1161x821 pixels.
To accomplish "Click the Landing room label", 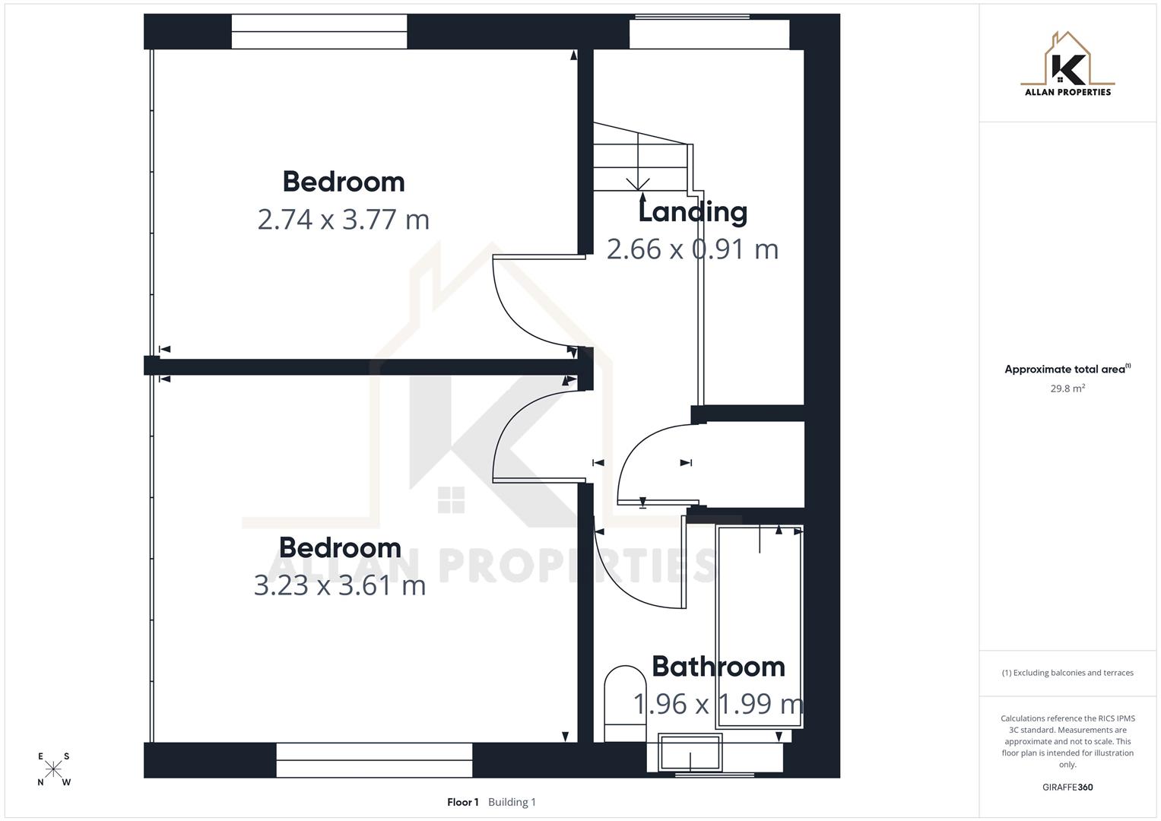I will click(693, 212).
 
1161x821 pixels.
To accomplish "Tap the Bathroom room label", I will click(718, 667).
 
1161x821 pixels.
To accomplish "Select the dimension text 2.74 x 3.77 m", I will click(344, 220).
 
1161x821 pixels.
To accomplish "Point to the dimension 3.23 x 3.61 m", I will click(340, 585).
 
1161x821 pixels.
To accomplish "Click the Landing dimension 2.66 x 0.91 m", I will click(693, 249).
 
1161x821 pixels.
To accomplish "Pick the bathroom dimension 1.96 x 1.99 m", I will click(718, 704).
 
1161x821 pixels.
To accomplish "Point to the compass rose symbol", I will click(53, 769).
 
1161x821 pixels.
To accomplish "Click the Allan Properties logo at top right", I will click(1067, 65).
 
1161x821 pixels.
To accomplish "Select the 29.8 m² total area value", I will click(1067, 388).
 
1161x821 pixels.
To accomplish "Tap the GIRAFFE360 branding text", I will click(1067, 788).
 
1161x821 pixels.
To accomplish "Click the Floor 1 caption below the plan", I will click(463, 802).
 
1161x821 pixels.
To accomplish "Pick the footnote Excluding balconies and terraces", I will click(1067, 673).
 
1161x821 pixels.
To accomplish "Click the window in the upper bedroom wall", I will click(319, 31).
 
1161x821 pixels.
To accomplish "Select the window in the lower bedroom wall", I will click(374, 760).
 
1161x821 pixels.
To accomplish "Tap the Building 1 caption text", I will click(512, 802).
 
